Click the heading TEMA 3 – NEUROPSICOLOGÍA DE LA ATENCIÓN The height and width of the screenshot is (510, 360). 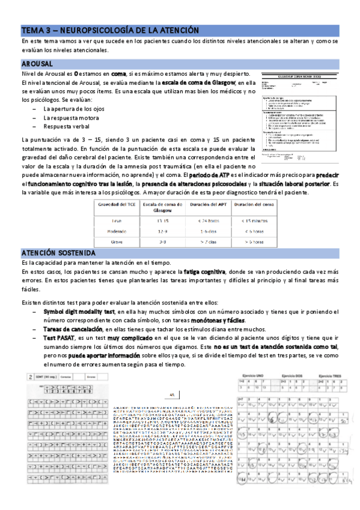pyautogui.click(x=114, y=30)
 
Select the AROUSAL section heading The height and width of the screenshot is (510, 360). pyautogui.click(x=37, y=63)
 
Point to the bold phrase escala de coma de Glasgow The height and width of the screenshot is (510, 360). pyautogui.click(x=196, y=82)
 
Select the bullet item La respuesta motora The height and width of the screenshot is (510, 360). pyautogui.click(x=72, y=118)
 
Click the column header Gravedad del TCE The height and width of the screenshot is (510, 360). pyautogui.click(x=117, y=205)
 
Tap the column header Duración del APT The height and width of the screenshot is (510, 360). pyautogui.click(x=206, y=205)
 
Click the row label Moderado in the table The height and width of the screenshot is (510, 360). pyautogui.click(x=117, y=231)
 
